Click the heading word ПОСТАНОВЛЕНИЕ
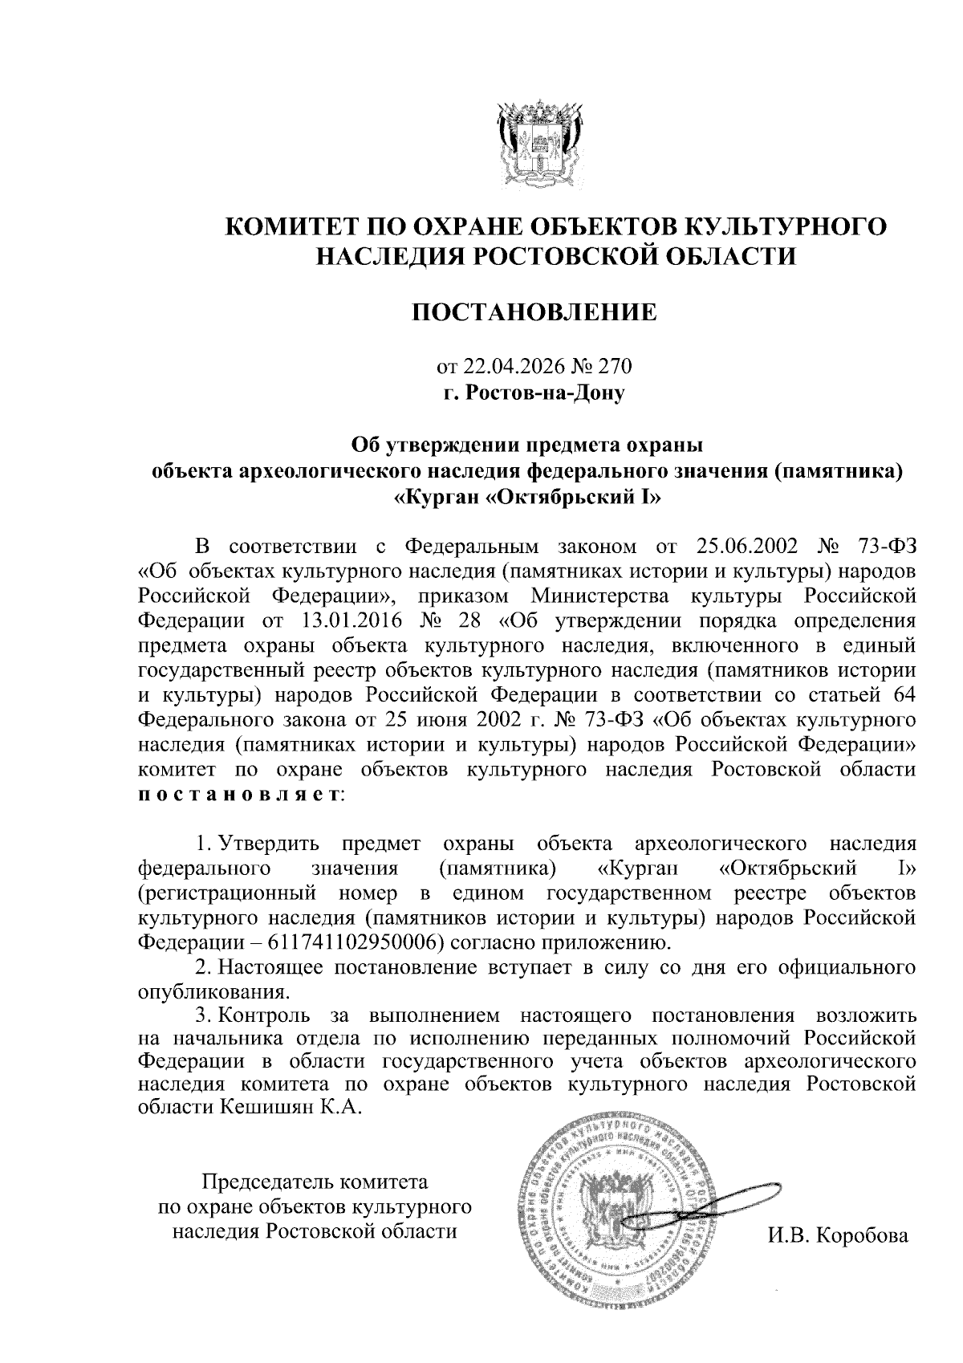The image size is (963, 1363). click(x=534, y=311)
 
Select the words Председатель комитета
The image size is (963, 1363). click(x=315, y=1182)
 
